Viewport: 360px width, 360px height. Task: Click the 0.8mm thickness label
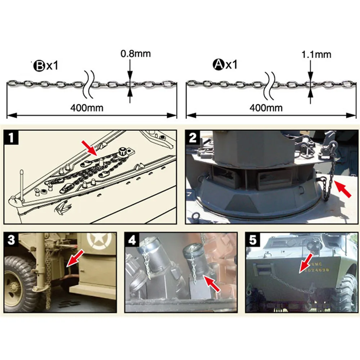pos(135,54)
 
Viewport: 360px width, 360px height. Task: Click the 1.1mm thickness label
pos(316,55)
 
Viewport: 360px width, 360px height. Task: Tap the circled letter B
pos(38,66)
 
